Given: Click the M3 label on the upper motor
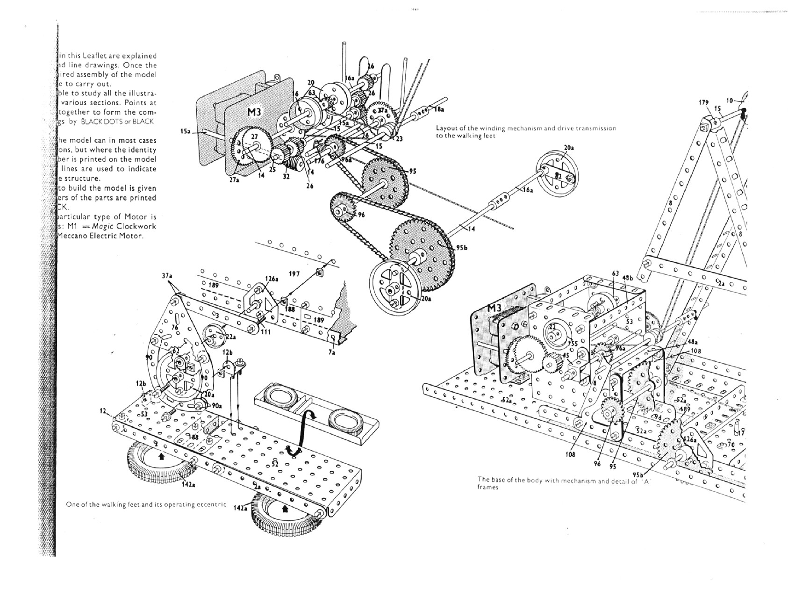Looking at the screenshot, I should tap(257, 112).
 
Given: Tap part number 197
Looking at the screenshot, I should tap(294, 274).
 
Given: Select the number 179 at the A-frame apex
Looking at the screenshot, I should tap(704, 102).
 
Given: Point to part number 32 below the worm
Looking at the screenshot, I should tap(286, 176).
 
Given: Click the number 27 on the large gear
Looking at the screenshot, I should tap(255, 136).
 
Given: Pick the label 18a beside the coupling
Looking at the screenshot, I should tap(439, 109).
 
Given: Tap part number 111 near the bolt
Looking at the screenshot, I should tap(266, 331).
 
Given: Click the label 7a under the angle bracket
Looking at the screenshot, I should tap(331, 352).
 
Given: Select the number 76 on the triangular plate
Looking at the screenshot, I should tap(174, 328).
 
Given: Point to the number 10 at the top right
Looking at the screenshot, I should tap(730, 100).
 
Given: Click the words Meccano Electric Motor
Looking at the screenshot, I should tap(100, 236).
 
